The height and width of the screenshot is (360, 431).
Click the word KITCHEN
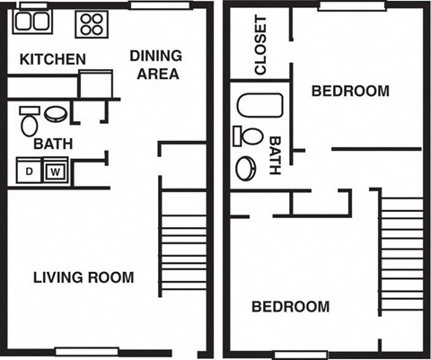[x=53, y=60]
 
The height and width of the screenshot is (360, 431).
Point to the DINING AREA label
[x=155, y=65]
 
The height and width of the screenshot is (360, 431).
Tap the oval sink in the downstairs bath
[x=56, y=114]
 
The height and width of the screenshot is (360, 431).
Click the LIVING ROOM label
[x=84, y=277]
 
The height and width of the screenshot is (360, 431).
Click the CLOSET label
[x=261, y=44]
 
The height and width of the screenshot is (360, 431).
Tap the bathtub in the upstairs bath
[x=249, y=107]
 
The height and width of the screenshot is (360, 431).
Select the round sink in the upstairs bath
[x=245, y=168]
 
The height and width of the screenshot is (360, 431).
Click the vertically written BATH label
[x=275, y=155]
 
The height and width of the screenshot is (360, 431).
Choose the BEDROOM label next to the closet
[x=350, y=91]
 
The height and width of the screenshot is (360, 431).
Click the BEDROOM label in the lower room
[x=289, y=307]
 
